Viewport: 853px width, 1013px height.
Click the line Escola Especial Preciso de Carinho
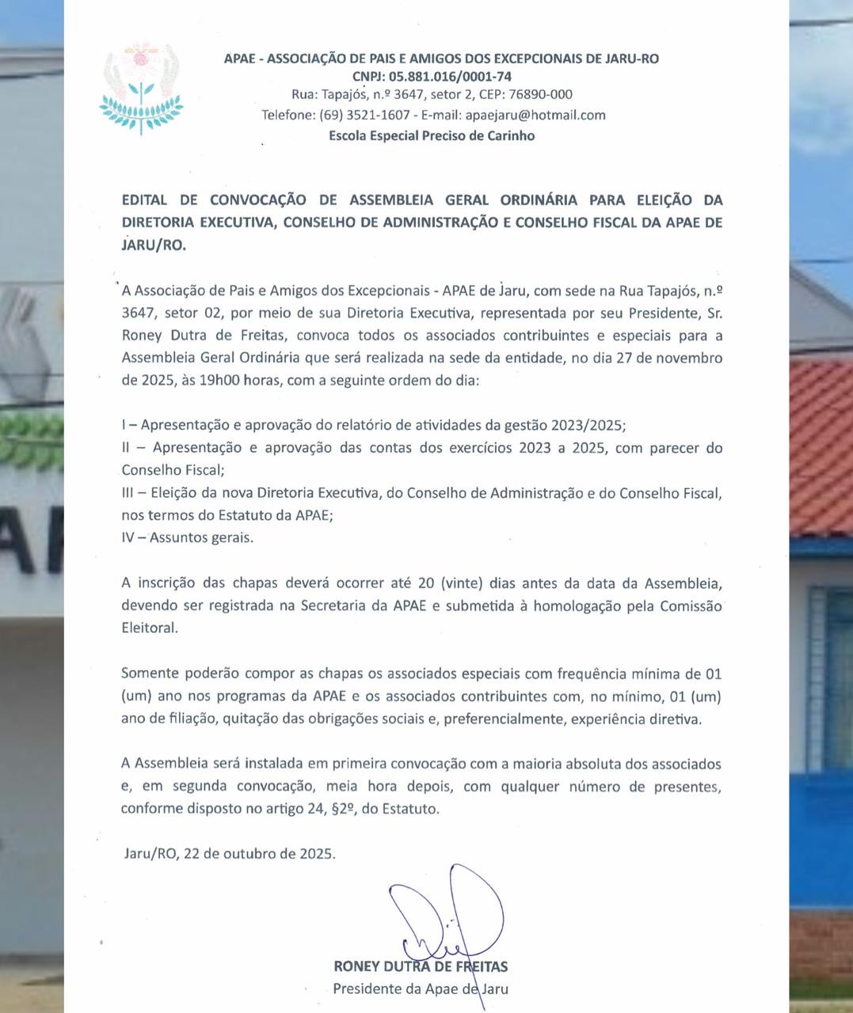(432, 135)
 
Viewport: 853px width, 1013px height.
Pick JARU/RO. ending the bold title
(154, 245)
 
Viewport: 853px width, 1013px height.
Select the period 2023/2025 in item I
(585, 425)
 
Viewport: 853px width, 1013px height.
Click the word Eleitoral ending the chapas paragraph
(150, 628)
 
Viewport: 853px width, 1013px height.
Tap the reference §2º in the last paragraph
(341, 809)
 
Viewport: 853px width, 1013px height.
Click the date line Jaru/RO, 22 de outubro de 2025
(230, 854)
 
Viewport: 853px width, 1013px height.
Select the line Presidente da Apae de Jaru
(421, 988)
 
